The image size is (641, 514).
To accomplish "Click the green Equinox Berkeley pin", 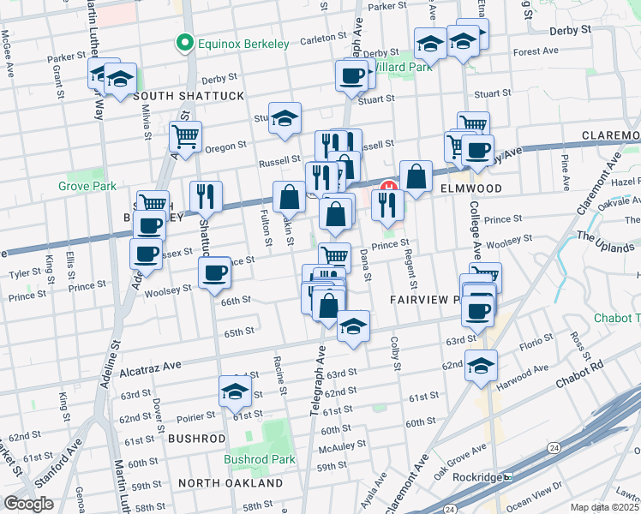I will point(183,42).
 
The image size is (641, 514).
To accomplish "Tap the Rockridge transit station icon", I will point(507,476).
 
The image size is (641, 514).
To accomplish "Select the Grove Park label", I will point(87,185).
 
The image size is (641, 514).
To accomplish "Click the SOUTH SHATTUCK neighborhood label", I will point(189,96).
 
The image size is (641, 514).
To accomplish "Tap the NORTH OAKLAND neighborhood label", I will point(231,483).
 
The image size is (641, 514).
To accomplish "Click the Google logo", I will point(28,504).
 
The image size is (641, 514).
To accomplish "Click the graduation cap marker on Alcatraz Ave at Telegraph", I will point(353,326).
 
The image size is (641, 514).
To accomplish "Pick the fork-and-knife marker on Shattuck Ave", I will point(206,196).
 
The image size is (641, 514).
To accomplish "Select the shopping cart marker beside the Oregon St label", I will point(185,134).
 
